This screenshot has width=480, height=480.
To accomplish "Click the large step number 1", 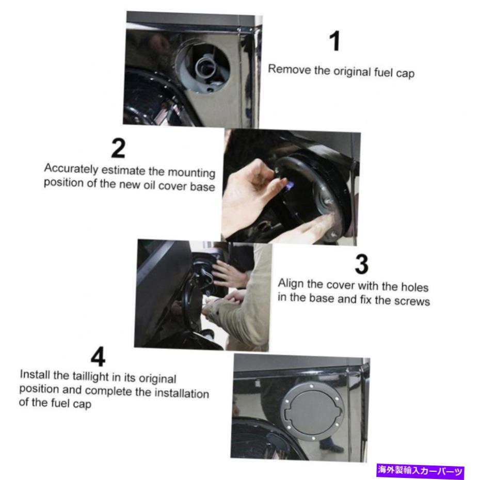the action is pyautogui.click(x=335, y=41).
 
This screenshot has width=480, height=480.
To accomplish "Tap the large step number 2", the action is pyautogui.click(x=118, y=148).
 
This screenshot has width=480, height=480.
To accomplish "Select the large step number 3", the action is pyautogui.click(x=361, y=264).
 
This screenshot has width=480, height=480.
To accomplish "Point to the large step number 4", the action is pyautogui.click(x=98, y=357).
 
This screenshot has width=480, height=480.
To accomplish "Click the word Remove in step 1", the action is pyautogui.click(x=289, y=69).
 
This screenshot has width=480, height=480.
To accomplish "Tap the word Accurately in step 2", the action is pyautogui.click(x=71, y=169).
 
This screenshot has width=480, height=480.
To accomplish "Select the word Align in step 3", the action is pyautogui.click(x=291, y=284).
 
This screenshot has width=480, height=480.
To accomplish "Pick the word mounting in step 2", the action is pyautogui.click(x=191, y=173).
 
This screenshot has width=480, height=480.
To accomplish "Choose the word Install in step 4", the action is pyautogui.click(x=35, y=374).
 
